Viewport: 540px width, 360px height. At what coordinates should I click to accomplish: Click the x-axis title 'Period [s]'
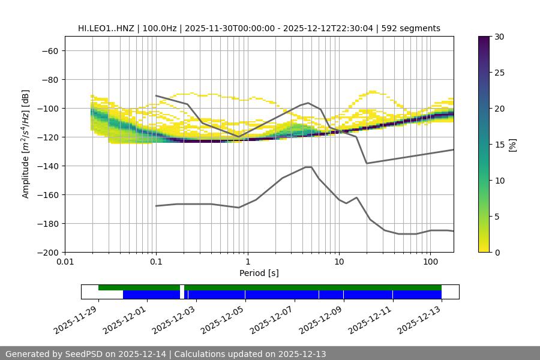click(259, 273)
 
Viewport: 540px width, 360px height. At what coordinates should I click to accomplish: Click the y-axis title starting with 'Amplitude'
click(26, 144)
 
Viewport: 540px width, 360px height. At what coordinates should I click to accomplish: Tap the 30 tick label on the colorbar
click(499, 37)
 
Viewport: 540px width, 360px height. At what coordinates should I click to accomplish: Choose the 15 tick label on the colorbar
click(499, 145)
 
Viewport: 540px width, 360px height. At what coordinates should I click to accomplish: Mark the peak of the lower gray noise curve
click(308, 167)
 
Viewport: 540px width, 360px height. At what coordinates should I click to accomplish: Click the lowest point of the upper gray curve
click(367, 163)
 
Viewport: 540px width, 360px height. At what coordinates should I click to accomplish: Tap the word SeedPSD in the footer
click(84, 354)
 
